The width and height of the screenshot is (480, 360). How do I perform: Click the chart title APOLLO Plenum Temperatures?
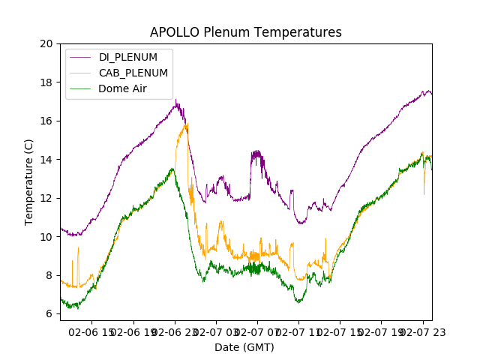coord(245,32)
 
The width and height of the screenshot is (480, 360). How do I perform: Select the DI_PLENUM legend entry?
coord(128,57)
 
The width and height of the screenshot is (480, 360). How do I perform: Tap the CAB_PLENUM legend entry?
coord(133,73)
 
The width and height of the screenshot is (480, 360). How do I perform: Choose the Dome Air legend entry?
coord(122,88)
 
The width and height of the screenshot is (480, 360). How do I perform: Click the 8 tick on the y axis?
coord(49,275)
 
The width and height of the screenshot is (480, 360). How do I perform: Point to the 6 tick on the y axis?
coord(49,314)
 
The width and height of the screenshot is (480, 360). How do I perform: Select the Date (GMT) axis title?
coord(244,347)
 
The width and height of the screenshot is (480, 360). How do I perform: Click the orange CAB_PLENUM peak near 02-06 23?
coord(186,124)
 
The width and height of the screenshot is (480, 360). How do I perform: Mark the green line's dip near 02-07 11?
coord(298,301)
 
